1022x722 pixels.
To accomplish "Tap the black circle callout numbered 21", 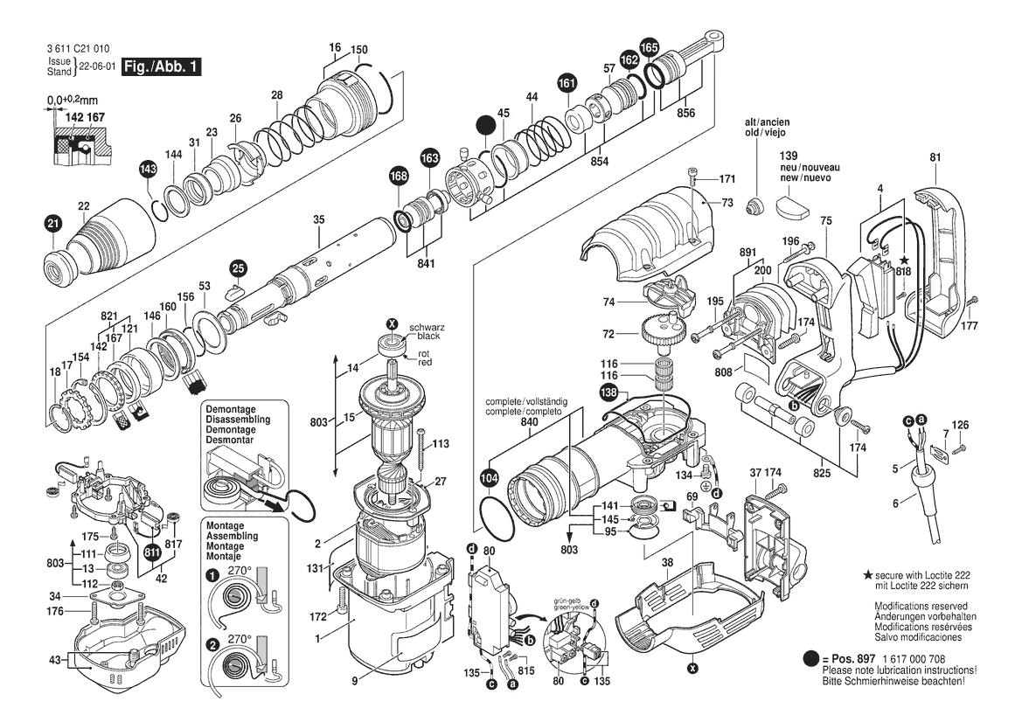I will [x=52, y=225].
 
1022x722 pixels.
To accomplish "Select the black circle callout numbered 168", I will [x=399, y=177].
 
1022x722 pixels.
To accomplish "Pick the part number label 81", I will [x=935, y=157].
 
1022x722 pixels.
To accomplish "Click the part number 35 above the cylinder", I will [x=318, y=219].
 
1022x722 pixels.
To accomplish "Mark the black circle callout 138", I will [x=609, y=394].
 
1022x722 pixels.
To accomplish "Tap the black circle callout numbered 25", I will [x=239, y=267].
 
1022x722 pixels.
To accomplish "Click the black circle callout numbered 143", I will [x=148, y=169].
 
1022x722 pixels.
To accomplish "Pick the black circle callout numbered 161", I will [x=567, y=84].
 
